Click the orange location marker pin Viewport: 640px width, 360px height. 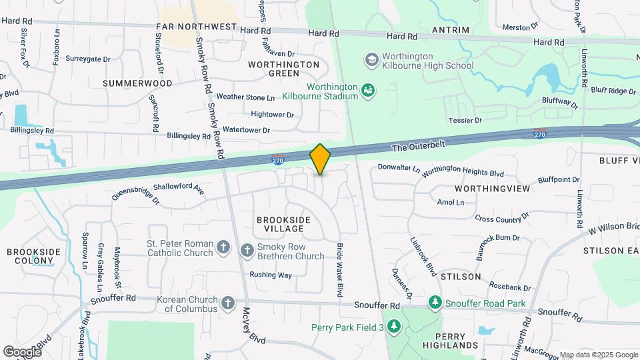pyautogui.click(x=321, y=159)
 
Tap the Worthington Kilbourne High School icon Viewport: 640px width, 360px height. pyautogui.click(x=371, y=61)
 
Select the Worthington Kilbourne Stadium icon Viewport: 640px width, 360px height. pyautogui.click(x=367, y=89)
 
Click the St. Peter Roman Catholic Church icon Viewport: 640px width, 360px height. pyautogui.click(x=223, y=249)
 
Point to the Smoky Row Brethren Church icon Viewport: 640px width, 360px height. pyautogui.click(x=247, y=250)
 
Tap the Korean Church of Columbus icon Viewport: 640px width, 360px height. pyautogui.click(x=227, y=304)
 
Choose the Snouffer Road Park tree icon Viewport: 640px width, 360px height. pyautogui.click(x=435, y=303)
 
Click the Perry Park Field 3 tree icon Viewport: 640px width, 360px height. pyautogui.click(x=394, y=327)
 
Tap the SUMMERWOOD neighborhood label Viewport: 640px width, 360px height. pyautogui.click(x=137, y=83)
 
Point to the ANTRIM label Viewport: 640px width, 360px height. pyautogui.click(x=451, y=30)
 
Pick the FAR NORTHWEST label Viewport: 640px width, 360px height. pyautogui.click(x=197, y=27)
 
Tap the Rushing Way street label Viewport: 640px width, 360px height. pyautogui.click(x=271, y=275)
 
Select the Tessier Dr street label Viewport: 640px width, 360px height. pyautogui.click(x=465, y=120)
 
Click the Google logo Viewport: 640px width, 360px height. pyautogui.click(x=22, y=351)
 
